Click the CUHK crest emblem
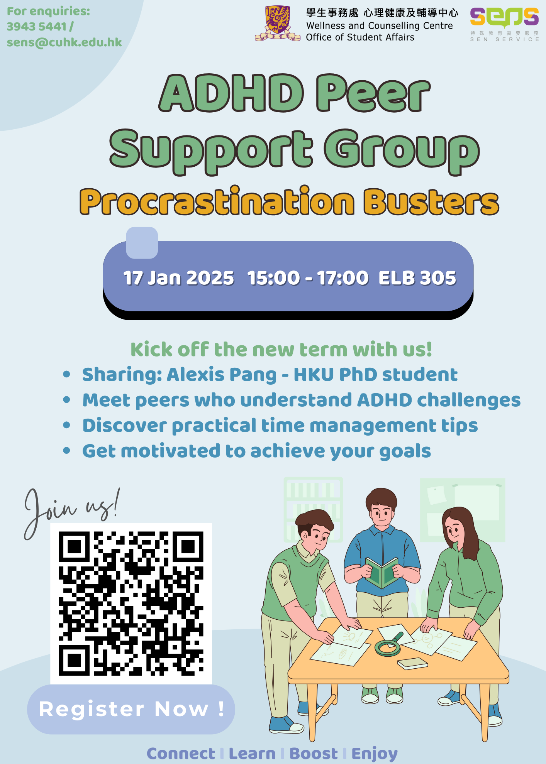(278, 23)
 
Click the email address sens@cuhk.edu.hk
(64, 42)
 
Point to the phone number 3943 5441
(37, 27)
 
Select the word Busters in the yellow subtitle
(431, 202)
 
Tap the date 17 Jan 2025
(178, 278)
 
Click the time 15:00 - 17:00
(308, 278)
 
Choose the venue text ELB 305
(417, 278)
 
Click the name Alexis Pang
(222, 375)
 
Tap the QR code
(131, 603)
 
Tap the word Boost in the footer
(314, 754)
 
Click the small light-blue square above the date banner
(142, 243)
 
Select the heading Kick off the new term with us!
(281, 350)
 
